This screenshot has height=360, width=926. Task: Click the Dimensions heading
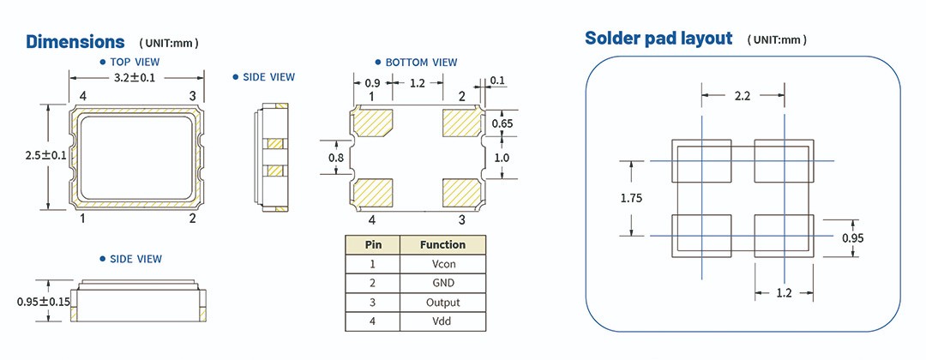click(75, 41)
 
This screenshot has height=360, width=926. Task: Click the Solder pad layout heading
click(658, 39)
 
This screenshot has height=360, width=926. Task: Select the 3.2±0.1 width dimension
click(136, 78)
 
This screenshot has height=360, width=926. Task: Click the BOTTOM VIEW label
click(421, 63)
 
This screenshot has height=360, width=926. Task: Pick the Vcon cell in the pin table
click(442, 263)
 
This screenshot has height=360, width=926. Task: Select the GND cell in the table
click(442, 283)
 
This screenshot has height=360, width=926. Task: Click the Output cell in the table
click(442, 303)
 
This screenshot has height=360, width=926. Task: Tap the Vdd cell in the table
click(442, 322)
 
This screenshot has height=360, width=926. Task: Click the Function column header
click(442, 244)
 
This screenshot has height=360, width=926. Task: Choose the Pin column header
click(373, 244)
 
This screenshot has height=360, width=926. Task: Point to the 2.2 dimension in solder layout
click(743, 96)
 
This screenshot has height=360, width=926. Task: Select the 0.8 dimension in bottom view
click(336, 159)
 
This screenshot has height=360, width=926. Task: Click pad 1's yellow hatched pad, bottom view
click(372, 123)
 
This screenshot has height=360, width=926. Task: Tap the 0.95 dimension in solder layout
click(851, 236)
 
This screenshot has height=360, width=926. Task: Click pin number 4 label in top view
click(83, 95)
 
